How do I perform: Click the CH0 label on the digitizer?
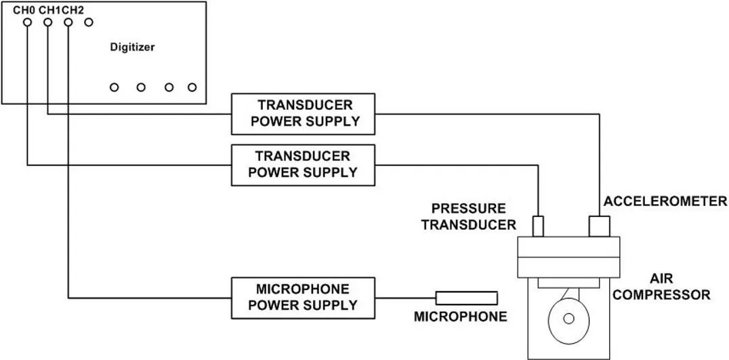(24, 11)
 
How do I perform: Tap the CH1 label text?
(49, 11)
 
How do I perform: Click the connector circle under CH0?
(27, 22)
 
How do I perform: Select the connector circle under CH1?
(47, 22)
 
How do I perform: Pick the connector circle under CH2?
(68, 22)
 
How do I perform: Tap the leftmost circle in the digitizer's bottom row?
(114, 87)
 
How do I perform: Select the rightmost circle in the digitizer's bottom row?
(192, 87)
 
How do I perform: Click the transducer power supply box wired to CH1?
(304, 113)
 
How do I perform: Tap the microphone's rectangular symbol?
(466, 297)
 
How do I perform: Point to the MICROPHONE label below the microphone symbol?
(460, 317)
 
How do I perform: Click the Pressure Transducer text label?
(468, 216)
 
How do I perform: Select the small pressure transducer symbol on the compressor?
(538, 226)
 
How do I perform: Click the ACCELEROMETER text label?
(665, 201)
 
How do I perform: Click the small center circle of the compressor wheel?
(568, 318)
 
